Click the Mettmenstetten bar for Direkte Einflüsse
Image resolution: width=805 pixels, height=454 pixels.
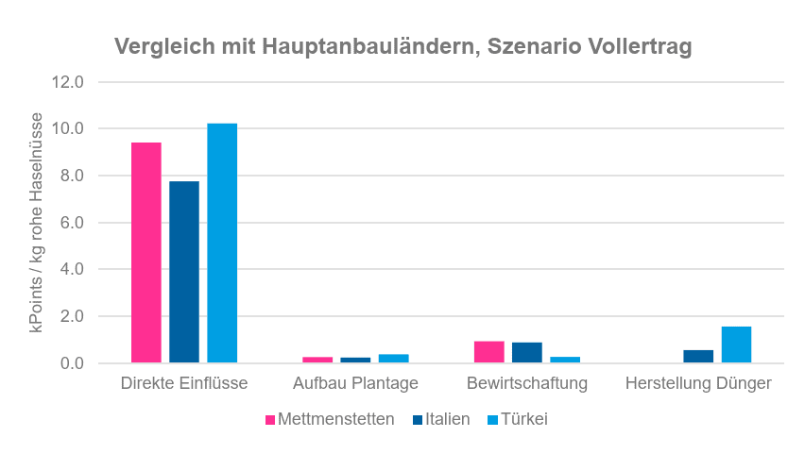pos(146,252)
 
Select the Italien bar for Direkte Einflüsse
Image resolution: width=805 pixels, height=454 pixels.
pos(184,272)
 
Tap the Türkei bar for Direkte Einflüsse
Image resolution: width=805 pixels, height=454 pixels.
pos(222,243)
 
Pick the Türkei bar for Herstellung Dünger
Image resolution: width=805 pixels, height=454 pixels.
pos(736,345)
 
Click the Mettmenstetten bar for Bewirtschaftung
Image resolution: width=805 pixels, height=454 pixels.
pos(488,352)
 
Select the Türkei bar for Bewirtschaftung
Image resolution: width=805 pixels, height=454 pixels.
pos(565,360)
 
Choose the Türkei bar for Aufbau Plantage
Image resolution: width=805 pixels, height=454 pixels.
pos(394,359)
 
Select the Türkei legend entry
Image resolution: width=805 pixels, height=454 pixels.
pos(518,419)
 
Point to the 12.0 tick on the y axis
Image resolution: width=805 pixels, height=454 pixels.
pos(67,82)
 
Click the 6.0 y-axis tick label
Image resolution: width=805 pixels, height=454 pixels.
pos(71,223)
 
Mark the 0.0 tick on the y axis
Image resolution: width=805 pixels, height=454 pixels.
pos(71,363)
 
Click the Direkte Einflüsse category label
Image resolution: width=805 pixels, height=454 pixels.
pos(184,383)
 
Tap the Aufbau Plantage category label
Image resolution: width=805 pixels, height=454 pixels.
pos(355,383)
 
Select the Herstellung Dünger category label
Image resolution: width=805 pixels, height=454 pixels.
pos(698,383)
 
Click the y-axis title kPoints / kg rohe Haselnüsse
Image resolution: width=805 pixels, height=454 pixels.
pos(37,223)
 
